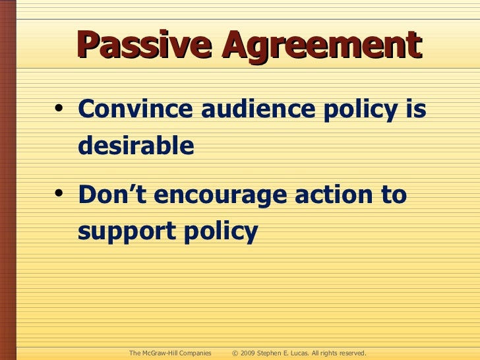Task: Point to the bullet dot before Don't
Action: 60,196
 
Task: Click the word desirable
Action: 136,145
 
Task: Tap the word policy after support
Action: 218,232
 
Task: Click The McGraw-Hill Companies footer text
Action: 170,353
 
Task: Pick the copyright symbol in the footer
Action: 235,353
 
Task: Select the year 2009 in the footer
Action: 249,353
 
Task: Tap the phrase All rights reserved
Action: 339,353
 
